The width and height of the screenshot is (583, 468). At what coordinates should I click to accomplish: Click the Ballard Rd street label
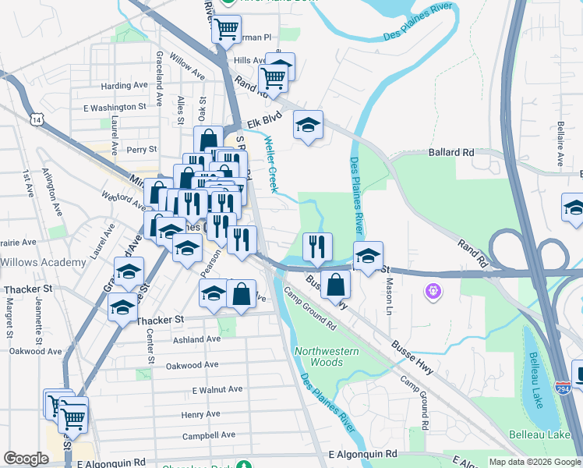point(451,153)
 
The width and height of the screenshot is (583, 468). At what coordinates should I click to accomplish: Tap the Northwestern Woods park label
point(327,356)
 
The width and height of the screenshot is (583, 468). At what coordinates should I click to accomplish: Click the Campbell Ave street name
point(208,434)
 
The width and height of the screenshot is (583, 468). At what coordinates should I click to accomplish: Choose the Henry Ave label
point(201,414)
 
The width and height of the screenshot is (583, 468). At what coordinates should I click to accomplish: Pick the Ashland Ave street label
point(196,339)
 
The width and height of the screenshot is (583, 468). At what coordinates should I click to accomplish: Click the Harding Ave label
point(124,86)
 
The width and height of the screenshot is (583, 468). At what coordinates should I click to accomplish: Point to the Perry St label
point(141,149)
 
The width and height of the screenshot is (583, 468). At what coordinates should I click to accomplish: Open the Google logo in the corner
point(26,459)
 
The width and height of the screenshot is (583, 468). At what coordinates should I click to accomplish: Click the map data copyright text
point(534,462)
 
